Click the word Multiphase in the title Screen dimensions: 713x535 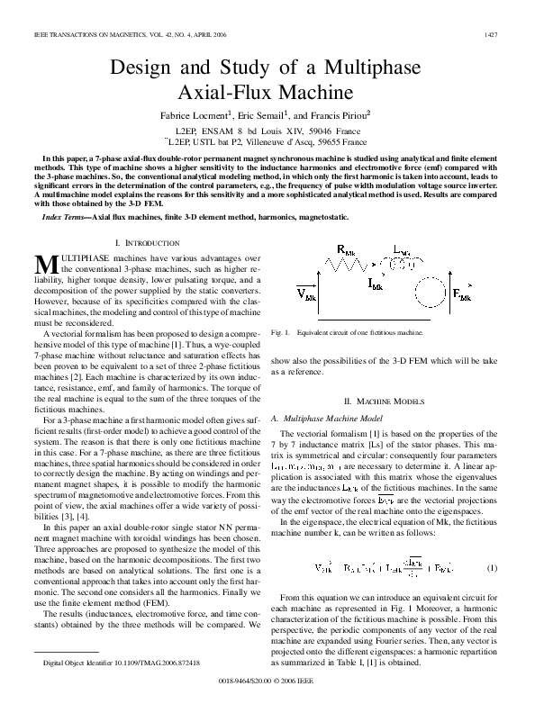[370, 68]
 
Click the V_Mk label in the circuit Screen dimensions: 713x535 [306, 292]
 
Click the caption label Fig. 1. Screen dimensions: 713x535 [290, 332]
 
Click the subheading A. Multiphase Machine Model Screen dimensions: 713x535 [340, 419]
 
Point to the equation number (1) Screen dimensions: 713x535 [492, 569]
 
